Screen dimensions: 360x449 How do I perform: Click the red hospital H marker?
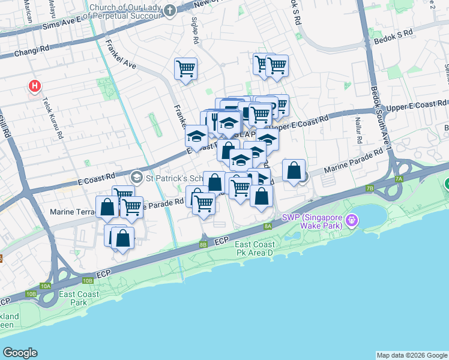click(35, 86)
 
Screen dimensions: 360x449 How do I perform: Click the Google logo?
click(20, 353)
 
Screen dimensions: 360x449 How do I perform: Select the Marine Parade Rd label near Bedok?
click(354, 162)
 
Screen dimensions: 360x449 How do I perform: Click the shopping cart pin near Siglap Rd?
click(186, 68)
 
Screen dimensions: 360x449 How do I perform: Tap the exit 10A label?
click(46, 286)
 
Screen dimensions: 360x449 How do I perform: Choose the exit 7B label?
click(369, 189)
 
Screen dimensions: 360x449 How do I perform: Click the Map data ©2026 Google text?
click(412, 355)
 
